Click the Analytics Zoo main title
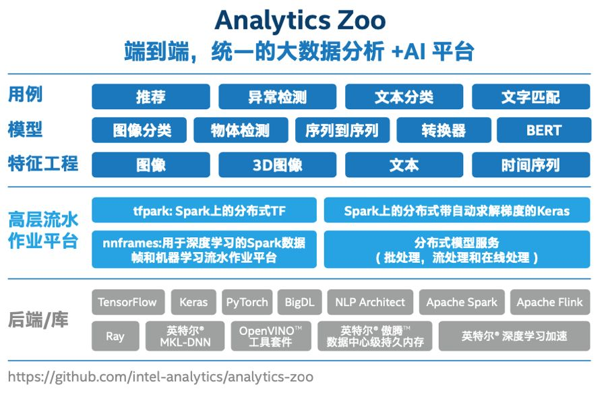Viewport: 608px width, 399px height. (300, 20)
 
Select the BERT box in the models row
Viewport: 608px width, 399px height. (544, 130)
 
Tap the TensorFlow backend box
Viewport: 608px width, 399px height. (128, 302)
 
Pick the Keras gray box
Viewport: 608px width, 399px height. (193, 302)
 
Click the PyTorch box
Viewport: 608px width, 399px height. (247, 302)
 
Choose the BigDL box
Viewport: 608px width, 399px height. (300, 302)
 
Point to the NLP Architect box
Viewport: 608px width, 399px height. (370, 302)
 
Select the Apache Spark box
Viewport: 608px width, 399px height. (462, 302)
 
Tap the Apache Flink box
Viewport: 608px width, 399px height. (550, 302)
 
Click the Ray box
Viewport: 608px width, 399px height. (115, 336)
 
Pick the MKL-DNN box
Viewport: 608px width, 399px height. (185, 336)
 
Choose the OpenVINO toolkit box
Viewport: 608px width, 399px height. (271, 336)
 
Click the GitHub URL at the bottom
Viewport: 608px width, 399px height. (160, 377)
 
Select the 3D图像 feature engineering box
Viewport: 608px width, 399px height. (277, 165)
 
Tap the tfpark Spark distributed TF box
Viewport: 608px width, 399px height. (204, 210)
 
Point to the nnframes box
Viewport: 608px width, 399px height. (204, 249)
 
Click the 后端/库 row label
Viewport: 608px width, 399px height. (38, 320)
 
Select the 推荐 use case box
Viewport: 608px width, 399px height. (151, 96)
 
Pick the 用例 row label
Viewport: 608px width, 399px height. (25, 94)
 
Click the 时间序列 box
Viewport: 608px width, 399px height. (531, 165)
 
